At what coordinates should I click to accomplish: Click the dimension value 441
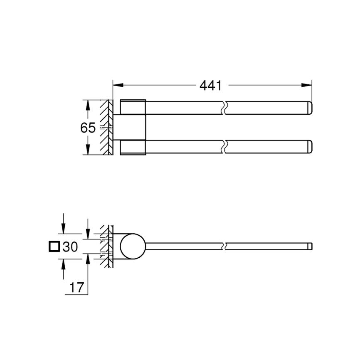[210, 86]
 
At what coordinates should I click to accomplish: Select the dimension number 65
[88, 128]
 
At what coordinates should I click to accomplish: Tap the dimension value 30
[70, 247]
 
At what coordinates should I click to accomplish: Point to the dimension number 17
[76, 287]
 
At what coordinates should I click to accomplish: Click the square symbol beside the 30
[54, 247]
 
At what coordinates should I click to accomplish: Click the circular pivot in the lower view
[133, 247]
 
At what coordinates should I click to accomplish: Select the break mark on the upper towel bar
[225, 107]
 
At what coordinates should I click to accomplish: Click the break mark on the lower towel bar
[225, 147]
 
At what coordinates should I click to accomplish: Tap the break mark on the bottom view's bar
[225, 247]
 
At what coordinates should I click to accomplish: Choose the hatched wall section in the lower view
[106, 247]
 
